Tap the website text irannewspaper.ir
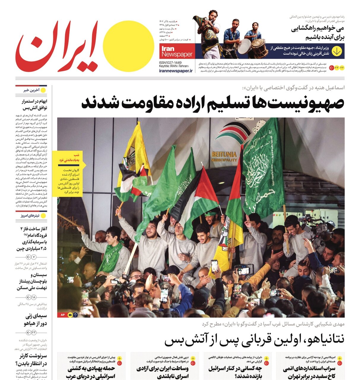tap(176, 71)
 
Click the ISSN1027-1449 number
tap(170, 63)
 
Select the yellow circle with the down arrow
tap(337, 51)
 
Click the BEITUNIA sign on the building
tap(224, 154)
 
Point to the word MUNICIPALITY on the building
tap(224, 160)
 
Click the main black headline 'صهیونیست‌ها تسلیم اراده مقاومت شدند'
tap(212, 103)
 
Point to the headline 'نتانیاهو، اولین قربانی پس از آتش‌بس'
tap(254, 339)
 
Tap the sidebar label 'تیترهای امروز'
tap(30, 216)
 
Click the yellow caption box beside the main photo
tap(69, 174)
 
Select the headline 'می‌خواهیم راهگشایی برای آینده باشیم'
tap(317, 33)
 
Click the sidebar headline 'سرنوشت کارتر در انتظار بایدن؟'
tap(31, 360)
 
